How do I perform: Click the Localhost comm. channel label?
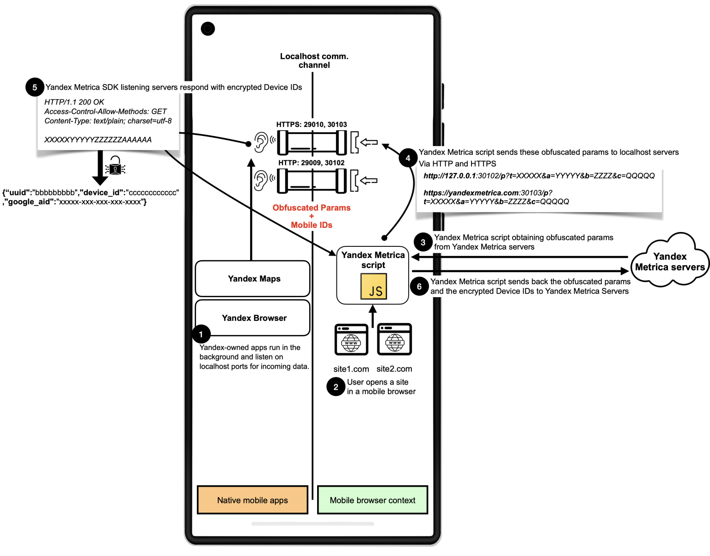pyautogui.click(x=314, y=61)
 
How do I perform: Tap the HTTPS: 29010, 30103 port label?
pyautogui.click(x=312, y=124)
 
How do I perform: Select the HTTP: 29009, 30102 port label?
pyautogui.click(x=311, y=163)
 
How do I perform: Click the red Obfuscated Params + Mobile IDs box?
pyautogui.click(x=312, y=216)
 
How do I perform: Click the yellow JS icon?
pyautogui.click(x=373, y=287)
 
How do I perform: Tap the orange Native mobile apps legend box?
pyautogui.click(x=252, y=500)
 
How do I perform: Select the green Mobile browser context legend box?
pyautogui.click(x=373, y=500)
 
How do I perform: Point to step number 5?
pyautogui.click(x=35, y=88)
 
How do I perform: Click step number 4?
pyautogui.click(x=408, y=159)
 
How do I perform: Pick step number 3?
pyautogui.click(x=423, y=243)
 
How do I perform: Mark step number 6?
pyautogui.click(x=419, y=287)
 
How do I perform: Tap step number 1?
pyautogui.click(x=201, y=335)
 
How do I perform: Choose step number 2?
pyautogui.click(x=336, y=387)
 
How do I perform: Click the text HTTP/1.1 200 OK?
pyautogui.click(x=74, y=102)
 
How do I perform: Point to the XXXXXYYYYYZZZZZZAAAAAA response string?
pyautogui.click(x=98, y=140)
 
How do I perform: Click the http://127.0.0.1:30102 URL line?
pyautogui.click(x=539, y=176)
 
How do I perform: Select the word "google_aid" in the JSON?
pyautogui.click(x=28, y=202)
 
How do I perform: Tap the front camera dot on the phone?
pyautogui.click(x=208, y=29)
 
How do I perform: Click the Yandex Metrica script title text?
pyautogui.click(x=373, y=260)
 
